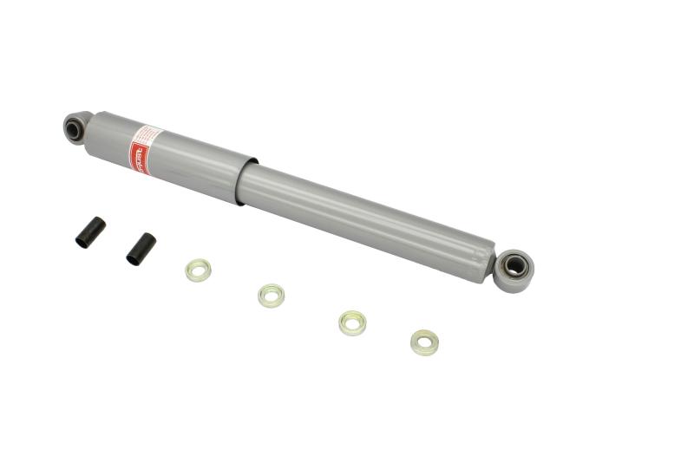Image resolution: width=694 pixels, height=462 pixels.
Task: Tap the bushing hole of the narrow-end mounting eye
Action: point(514,266)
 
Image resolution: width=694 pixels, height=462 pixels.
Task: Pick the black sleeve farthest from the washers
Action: point(90,231)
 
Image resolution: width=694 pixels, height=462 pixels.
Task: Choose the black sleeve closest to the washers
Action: point(141,248)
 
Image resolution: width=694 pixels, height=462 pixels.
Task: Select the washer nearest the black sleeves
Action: point(198,270)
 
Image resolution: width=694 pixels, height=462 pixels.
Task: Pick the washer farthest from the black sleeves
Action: point(424,342)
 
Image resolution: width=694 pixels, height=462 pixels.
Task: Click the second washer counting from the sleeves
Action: point(272,295)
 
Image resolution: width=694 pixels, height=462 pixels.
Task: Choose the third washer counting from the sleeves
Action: point(352,322)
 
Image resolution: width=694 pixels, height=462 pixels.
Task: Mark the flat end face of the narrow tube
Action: point(488,264)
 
